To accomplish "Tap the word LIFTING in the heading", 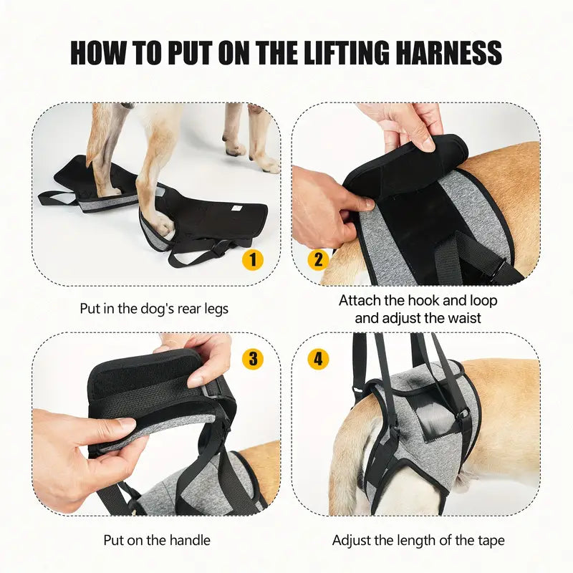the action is click(347, 52).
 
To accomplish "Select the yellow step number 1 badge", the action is click(253, 260).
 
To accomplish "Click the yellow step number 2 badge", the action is click(318, 260).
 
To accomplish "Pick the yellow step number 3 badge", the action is click(253, 359).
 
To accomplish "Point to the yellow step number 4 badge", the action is click(318, 359).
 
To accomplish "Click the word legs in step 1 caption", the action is click(216, 309).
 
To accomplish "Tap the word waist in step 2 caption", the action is click(464, 318).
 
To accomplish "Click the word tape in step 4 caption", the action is click(491, 540).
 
